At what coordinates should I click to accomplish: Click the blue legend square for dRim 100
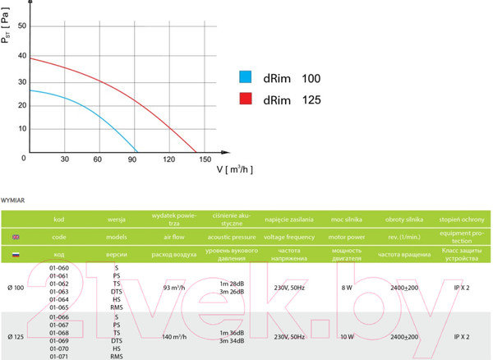(x=245, y=78)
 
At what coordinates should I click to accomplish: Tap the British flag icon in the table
(x=16, y=237)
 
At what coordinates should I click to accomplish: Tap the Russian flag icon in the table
(x=16, y=254)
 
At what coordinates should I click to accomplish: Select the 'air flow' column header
(x=171, y=237)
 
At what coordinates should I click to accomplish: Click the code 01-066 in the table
(x=58, y=316)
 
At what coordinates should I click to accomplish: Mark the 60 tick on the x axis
(x=98, y=159)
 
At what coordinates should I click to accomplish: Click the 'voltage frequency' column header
(x=289, y=237)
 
